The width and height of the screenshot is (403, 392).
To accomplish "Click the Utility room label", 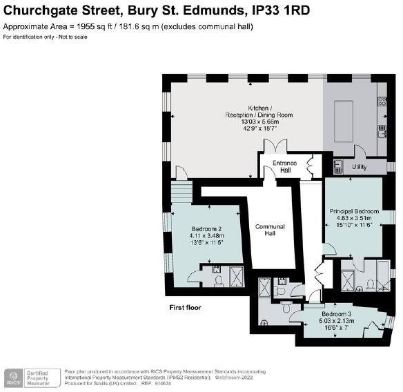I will pos(360,167).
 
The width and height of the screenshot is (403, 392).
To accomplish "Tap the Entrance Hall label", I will pos(284,166).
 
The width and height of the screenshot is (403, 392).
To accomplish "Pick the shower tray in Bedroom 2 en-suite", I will pos(237,276).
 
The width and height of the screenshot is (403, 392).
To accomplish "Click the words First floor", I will pos(186,307).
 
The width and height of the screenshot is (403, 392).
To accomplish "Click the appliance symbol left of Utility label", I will pos(338,166).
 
